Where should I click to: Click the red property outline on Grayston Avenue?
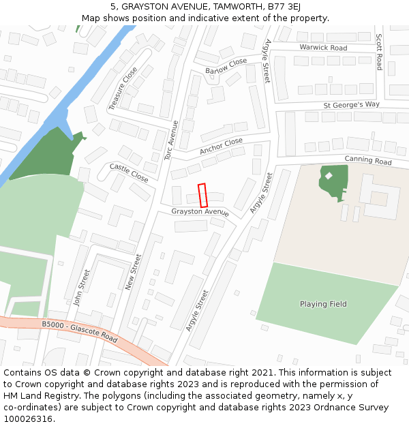point(202,196)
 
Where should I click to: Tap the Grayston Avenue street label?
point(200,212)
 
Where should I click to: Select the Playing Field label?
point(323,304)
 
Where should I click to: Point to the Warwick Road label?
point(323,48)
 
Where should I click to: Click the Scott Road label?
point(380,52)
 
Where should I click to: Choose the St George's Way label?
point(351,105)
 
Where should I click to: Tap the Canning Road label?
point(368,161)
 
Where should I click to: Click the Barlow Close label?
point(226,66)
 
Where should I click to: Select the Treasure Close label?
point(123,89)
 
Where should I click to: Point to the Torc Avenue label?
point(171,140)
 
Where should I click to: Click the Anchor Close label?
point(221,146)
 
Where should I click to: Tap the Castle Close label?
point(129,172)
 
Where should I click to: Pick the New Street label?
point(133,272)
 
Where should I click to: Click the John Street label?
point(82,287)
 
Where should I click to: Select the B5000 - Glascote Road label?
point(79,331)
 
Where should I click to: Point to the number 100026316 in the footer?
point(29,419)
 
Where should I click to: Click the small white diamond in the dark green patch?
point(329,176)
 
